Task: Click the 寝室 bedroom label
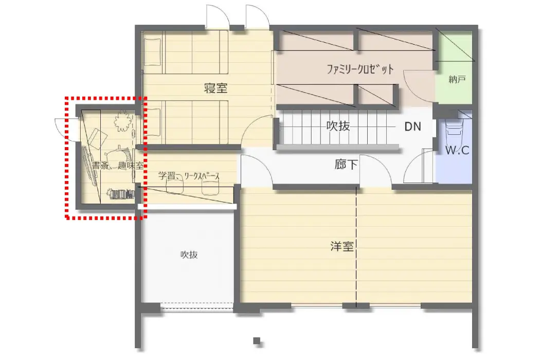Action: click(x=215, y=88)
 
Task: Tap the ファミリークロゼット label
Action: click(x=360, y=69)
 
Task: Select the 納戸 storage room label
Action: click(x=457, y=80)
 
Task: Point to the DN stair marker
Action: click(x=412, y=127)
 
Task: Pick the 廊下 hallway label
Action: click(x=346, y=165)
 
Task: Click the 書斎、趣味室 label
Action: click(x=117, y=166)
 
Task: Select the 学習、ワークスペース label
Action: click(x=189, y=176)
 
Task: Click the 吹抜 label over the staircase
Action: click(x=338, y=126)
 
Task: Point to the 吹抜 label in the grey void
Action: click(x=189, y=255)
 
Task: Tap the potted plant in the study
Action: click(x=121, y=121)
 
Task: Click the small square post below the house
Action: click(x=257, y=340)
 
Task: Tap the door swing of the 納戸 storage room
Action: click(x=419, y=85)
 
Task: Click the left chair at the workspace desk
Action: click(x=175, y=187)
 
